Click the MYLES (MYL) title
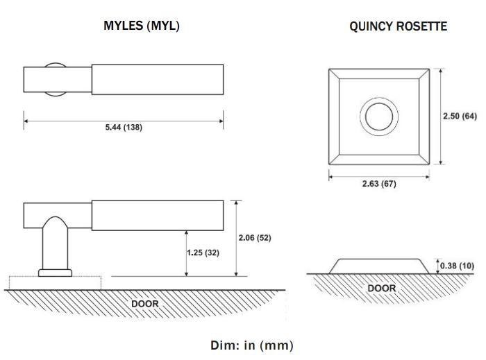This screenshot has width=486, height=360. click(x=142, y=26)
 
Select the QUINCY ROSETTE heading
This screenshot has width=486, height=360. click(x=398, y=26)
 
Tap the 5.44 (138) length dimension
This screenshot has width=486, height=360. click(x=124, y=128)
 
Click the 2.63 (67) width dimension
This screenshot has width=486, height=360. click(x=379, y=184)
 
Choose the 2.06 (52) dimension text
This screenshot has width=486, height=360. click(x=254, y=238)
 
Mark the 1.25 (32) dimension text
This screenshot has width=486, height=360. click(x=203, y=252)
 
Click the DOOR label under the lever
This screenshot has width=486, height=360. click(x=145, y=303)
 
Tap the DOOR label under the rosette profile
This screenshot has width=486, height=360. click(x=381, y=288)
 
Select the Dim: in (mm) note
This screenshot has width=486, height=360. click(x=251, y=345)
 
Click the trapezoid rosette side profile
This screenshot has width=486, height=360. click(x=379, y=266)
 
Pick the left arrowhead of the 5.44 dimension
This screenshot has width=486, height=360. click(x=27, y=121)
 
